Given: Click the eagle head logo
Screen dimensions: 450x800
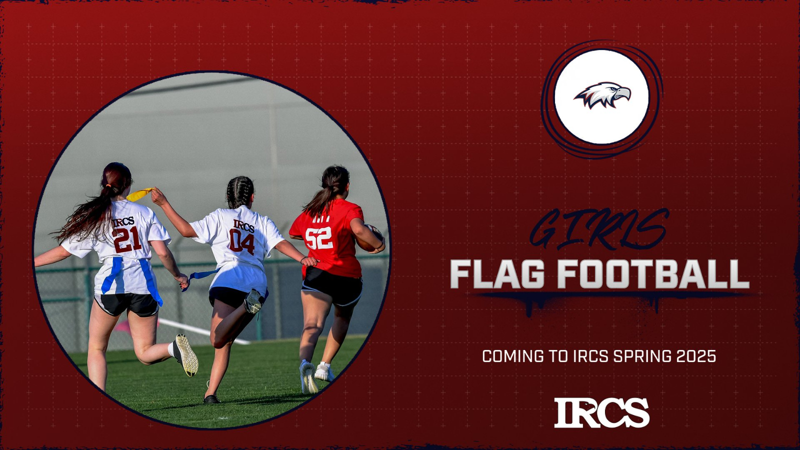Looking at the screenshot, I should (602, 95).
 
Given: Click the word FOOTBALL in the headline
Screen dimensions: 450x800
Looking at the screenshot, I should (653, 274).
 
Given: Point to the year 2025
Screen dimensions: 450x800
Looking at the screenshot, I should (696, 356).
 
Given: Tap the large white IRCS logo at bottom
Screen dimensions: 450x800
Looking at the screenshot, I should (601, 412).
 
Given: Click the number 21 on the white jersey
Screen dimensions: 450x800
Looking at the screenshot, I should (127, 239).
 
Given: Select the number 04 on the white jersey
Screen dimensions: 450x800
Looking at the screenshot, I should (242, 242).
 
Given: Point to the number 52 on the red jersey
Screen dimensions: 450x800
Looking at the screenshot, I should (319, 238).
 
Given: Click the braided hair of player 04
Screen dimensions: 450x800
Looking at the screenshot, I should (240, 192).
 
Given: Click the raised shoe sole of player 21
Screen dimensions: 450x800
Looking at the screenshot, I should (186, 355).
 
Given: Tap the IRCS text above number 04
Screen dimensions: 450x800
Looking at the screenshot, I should (243, 226).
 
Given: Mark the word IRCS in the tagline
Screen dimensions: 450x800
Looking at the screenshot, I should (590, 356).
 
